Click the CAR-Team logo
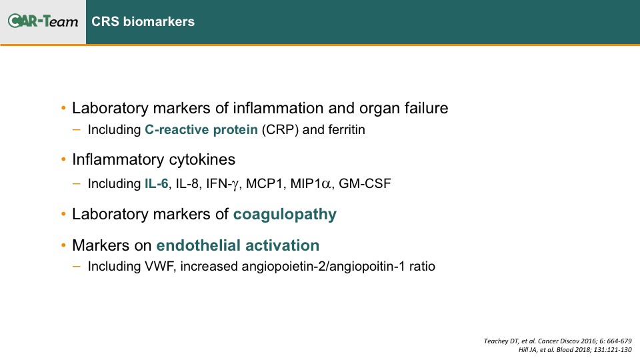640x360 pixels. click(43, 21)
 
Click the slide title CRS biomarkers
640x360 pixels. click(143, 21)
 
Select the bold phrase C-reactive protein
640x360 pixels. click(201, 130)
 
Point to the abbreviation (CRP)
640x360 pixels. click(280, 130)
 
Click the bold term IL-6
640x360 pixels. click(156, 184)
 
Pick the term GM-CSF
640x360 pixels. click(365, 184)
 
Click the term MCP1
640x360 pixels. click(264, 184)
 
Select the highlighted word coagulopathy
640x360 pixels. click(285, 215)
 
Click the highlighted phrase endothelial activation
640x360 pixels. click(238, 245)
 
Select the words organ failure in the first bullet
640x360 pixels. click(404, 109)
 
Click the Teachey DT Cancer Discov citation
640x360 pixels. click(557, 341)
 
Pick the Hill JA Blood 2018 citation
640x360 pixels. click(575, 350)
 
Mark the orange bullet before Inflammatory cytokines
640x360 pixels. click(63, 159)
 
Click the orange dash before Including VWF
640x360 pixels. click(76, 266)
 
